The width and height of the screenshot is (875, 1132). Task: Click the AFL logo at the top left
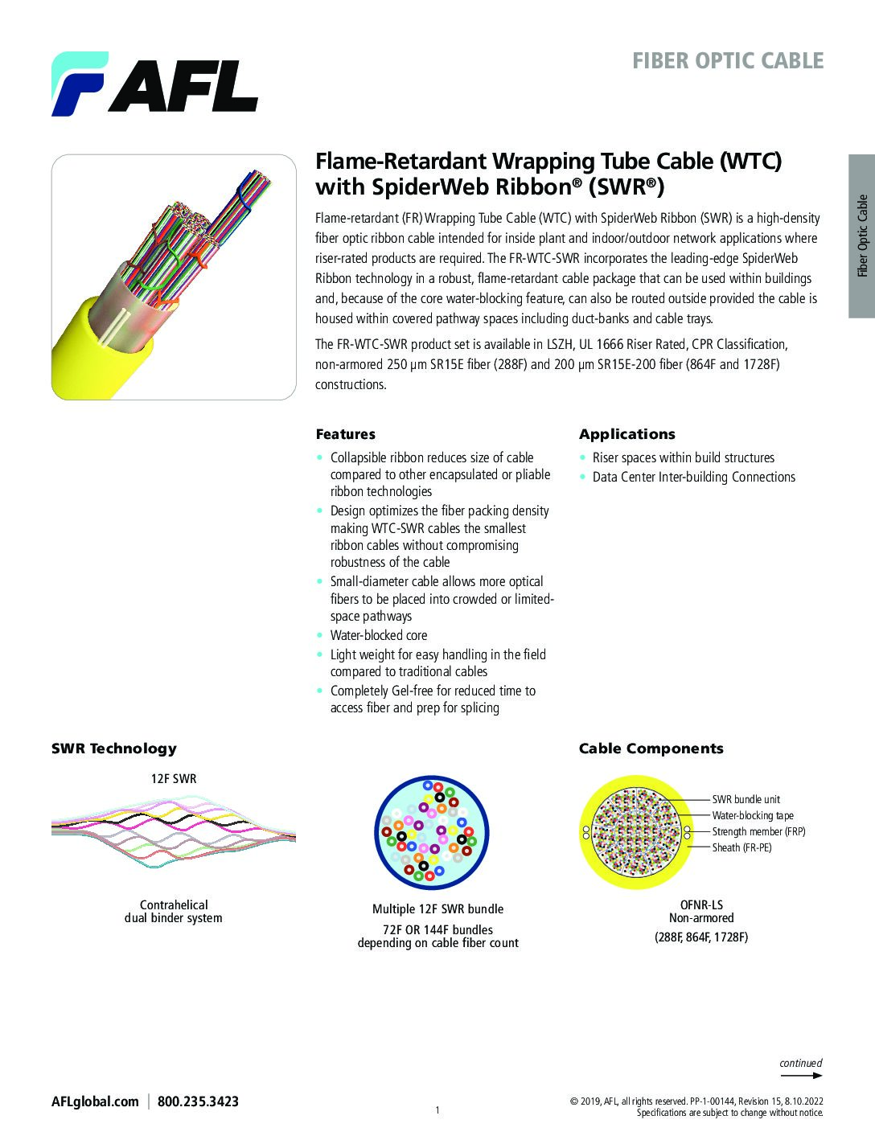[x=154, y=84]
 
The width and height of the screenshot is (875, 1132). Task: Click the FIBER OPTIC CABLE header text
[x=728, y=61]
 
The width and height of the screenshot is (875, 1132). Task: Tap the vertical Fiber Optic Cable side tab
[x=862, y=236]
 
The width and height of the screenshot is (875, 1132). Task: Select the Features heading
[x=345, y=434]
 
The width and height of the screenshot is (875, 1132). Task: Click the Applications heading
[x=627, y=434]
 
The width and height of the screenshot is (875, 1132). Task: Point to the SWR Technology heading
[x=113, y=749]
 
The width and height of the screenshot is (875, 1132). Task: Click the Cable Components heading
[x=651, y=749]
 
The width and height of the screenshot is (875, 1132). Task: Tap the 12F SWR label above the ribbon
[x=174, y=779]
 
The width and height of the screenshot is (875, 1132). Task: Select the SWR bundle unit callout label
[x=746, y=799]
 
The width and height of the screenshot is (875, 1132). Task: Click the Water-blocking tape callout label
[x=753, y=815]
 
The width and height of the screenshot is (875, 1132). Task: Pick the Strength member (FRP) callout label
[x=758, y=831]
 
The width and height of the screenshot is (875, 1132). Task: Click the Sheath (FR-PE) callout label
[x=741, y=847]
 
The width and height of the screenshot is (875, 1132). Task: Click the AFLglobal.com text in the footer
[x=95, y=1101]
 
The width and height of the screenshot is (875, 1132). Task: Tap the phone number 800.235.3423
[x=198, y=1101]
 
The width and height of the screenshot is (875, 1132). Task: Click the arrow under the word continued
[x=802, y=1075]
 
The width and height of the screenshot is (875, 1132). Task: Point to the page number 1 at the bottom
[x=437, y=1110]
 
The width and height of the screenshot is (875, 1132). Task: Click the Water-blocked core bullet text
[x=378, y=635]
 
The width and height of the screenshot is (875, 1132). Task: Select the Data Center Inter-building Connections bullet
[x=693, y=477]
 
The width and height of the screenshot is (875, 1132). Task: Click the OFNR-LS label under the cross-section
[x=701, y=904]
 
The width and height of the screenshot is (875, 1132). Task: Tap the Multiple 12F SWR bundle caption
[x=437, y=909]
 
